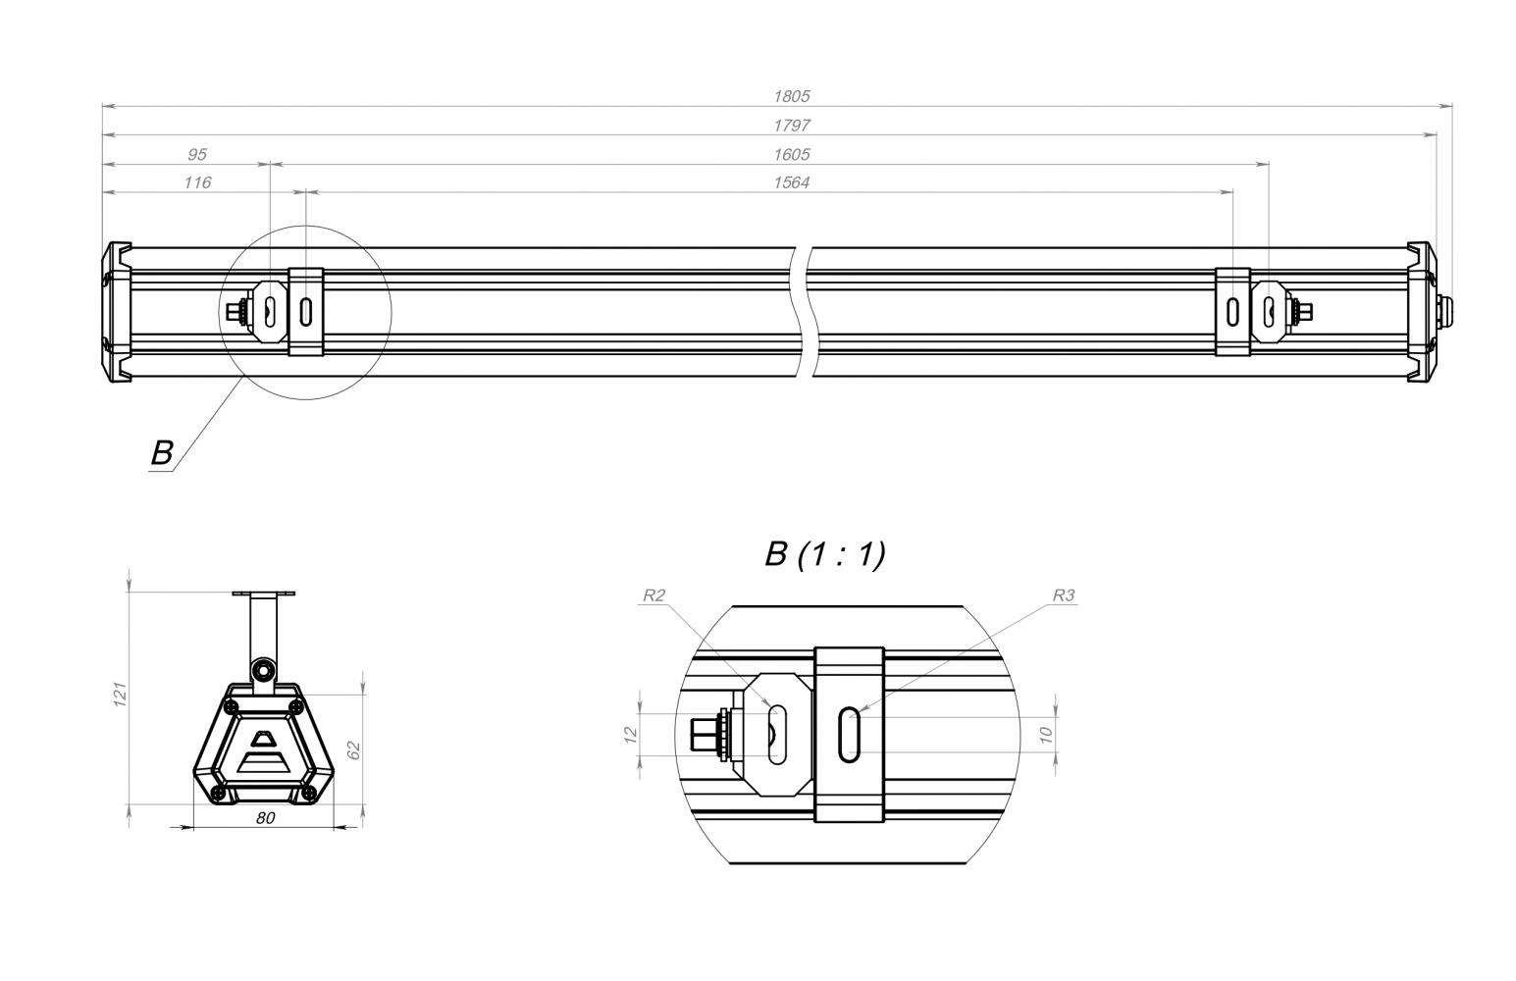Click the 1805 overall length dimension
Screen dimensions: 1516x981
pyautogui.click(x=791, y=96)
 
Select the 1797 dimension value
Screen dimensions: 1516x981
pyautogui.click(x=791, y=126)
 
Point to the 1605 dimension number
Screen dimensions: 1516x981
pyautogui.click(x=791, y=154)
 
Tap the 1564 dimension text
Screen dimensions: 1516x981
pyautogui.click(x=791, y=182)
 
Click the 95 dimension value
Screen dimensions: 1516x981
pyautogui.click(x=196, y=154)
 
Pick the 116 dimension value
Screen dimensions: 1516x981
pyautogui.click(x=197, y=182)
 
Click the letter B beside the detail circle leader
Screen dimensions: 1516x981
pyautogui.click(x=162, y=452)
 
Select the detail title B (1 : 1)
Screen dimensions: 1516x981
pyautogui.click(x=825, y=554)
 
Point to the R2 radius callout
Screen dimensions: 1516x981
pyautogui.click(x=653, y=595)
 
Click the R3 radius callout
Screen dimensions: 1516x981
pyautogui.click(x=1064, y=595)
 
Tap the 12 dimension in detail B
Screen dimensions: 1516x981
pyautogui.click(x=630, y=735)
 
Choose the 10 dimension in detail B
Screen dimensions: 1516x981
pyautogui.click(x=1046, y=735)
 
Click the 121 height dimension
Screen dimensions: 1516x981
pyautogui.click(x=120, y=695)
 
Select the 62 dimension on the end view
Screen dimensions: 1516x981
pyautogui.click(x=353, y=750)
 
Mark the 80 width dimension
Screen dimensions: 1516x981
pyautogui.click(x=265, y=818)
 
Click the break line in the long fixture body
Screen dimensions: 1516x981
pyautogui.click(x=804, y=312)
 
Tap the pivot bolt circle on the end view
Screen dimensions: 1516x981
pyautogui.click(x=263, y=670)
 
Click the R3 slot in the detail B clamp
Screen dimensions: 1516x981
pyautogui.click(x=850, y=735)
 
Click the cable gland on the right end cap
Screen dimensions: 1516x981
pyautogui.click(x=1444, y=311)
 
